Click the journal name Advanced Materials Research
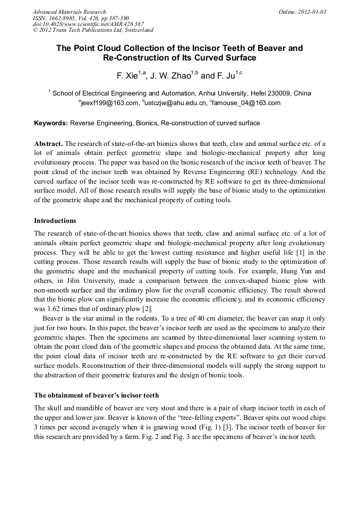click(x=69, y=12)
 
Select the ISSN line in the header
click(x=81, y=18)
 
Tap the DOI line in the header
click(x=88, y=24)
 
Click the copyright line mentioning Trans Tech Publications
click(x=93, y=31)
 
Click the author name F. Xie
click(x=128, y=76)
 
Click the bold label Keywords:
click(x=51, y=123)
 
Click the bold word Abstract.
click(x=48, y=144)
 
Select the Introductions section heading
click(x=55, y=220)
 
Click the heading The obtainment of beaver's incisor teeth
click(x=96, y=395)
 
